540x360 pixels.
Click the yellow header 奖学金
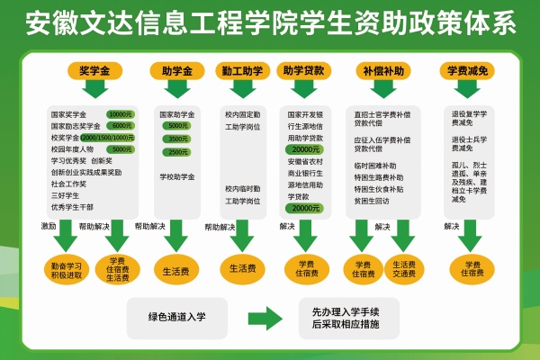pyautogui.click(x=94, y=69)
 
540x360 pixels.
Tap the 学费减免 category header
pyautogui.click(x=469, y=69)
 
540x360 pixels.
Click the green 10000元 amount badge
pyautogui.click(x=120, y=115)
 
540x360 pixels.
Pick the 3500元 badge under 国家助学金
pyautogui.click(x=178, y=139)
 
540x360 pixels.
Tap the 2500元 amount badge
pyautogui.click(x=178, y=152)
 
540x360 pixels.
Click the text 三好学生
pyautogui.click(x=67, y=194)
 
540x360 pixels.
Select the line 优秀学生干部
pyautogui.click(x=73, y=206)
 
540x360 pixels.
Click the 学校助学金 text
pyautogui.click(x=177, y=177)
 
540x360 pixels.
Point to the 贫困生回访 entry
pyautogui.click(x=373, y=202)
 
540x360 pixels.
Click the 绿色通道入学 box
pyautogui.click(x=177, y=317)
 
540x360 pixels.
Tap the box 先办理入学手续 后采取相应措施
pyautogui.click(x=353, y=317)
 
